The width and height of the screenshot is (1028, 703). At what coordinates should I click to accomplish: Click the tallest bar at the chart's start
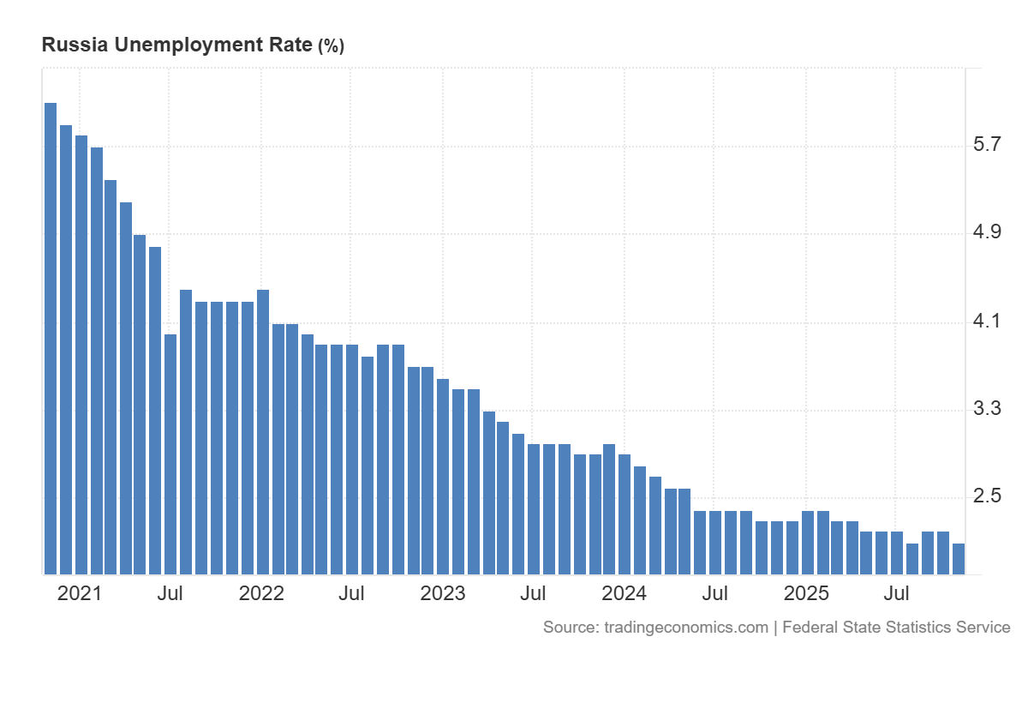(x=51, y=338)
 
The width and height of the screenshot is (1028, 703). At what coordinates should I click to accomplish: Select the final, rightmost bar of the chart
(x=959, y=558)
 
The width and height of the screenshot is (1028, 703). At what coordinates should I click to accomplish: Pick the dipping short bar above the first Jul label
(x=170, y=454)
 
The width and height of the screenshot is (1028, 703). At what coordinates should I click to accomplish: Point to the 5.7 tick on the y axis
(x=988, y=144)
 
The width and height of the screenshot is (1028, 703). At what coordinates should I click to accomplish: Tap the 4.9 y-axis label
(x=988, y=232)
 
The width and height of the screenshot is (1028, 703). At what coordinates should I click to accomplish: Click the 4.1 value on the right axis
(x=988, y=321)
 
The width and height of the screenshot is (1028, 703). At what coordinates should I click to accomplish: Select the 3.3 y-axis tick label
(x=988, y=409)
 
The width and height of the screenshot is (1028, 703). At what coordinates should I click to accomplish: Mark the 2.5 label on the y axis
(x=988, y=497)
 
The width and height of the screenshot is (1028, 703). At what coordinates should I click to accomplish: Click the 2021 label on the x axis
(x=79, y=593)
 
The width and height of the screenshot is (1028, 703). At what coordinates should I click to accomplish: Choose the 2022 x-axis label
(x=261, y=593)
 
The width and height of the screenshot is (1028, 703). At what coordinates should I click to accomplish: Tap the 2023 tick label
(x=443, y=593)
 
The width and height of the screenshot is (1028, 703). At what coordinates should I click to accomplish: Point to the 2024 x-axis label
(x=625, y=593)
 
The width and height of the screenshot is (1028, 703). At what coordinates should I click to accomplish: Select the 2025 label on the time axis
(x=806, y=593)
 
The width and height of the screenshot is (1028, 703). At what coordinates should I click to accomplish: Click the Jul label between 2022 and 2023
(x=351, y=593)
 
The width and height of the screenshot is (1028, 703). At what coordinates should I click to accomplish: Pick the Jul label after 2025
(x=897, y=593)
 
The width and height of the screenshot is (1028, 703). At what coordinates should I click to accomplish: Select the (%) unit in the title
(x=331, y=46)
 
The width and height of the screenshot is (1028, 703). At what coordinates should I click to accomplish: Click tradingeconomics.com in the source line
(x=685, y=628)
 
